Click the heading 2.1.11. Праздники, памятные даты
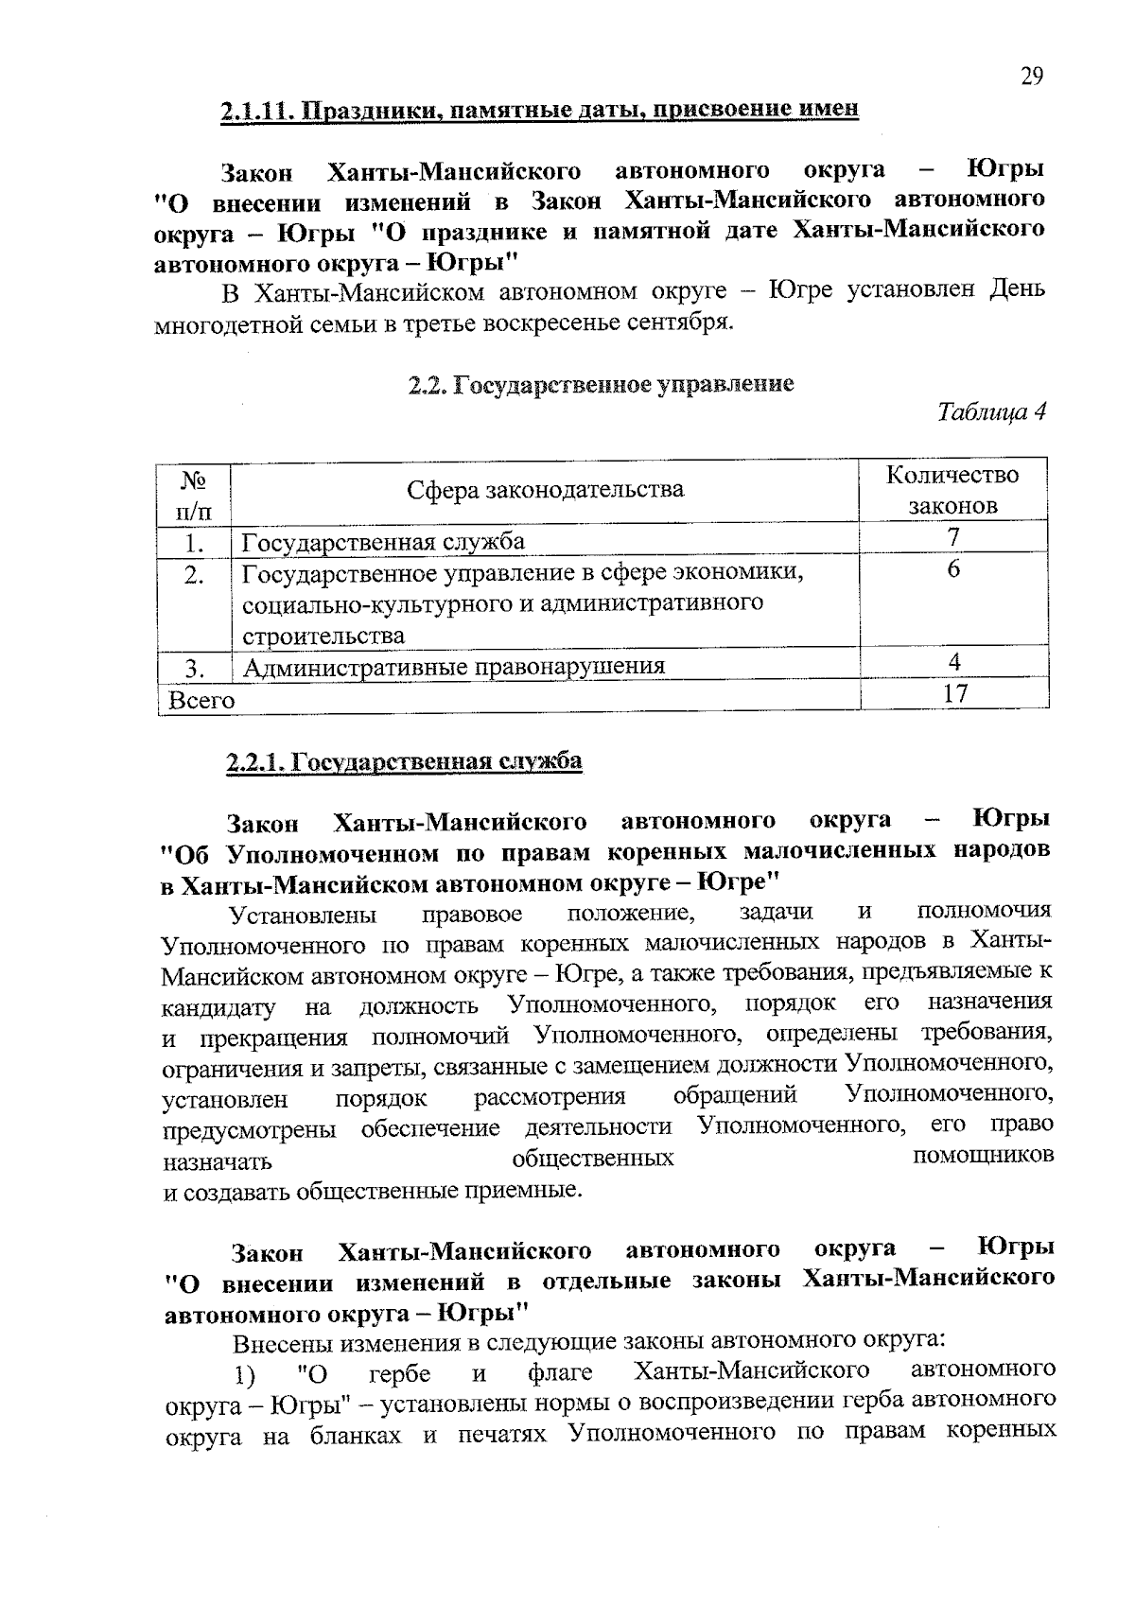[540, 110]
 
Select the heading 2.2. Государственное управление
[601, 384]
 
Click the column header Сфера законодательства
[545, 490]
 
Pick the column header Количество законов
[953, 490]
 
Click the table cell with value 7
[954, 537]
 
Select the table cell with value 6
[953, 569]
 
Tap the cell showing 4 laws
[955, 662]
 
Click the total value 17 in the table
[955, 693]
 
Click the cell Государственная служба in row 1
[384, 542]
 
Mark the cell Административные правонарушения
[454, 667]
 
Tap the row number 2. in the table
[195, 574]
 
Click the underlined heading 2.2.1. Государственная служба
[404, 761]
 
